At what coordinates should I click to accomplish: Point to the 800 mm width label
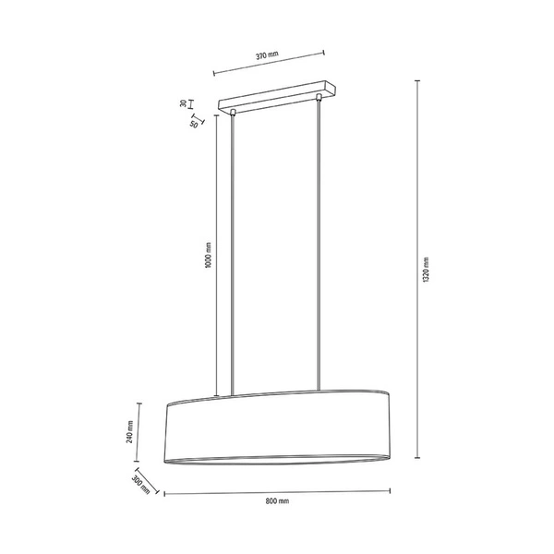coord(277,501)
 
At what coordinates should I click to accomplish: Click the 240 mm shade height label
coord(131,431)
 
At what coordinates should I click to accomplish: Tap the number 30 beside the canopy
coord(184,103)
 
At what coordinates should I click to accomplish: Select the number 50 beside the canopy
coord(195,123)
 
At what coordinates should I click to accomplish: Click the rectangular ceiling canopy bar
coord(273,97)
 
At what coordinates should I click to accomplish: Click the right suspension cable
coord(320,240)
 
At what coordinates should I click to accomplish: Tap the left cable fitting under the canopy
coord(234,113)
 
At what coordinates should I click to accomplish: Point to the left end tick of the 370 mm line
coord(214,73)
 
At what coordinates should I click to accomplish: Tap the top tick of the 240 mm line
coord(139,403)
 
